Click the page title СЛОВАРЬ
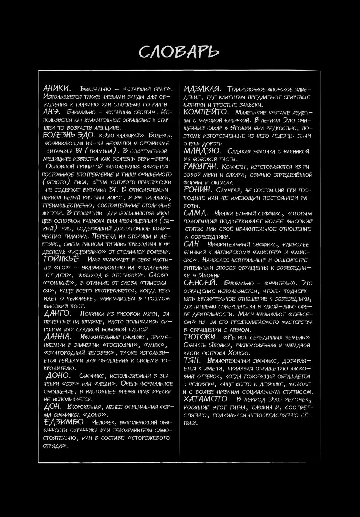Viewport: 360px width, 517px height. [x=179, y=52]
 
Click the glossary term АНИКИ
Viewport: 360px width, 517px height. [x=56, y=89]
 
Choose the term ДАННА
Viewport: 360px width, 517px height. [x=57, y=337]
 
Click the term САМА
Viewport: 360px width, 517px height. [x=195, y=213]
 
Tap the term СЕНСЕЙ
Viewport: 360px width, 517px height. [x=200, y=283]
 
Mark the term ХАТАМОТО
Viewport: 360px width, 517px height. [x=206, y=399]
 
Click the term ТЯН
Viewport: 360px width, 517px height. [x=192, y=360]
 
